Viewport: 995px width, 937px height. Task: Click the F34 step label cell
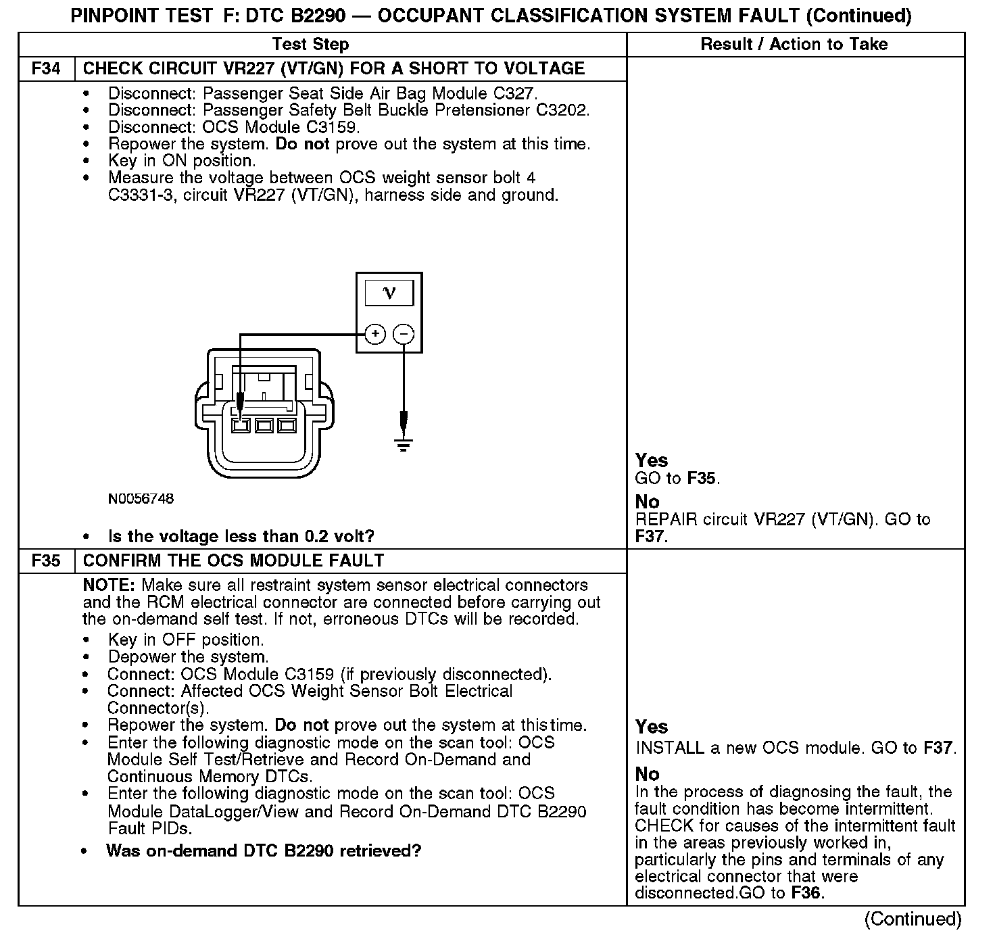[x=46, y=69]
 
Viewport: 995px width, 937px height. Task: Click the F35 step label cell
[x=46, y=561]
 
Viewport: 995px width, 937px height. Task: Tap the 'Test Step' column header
[x=310, y=45]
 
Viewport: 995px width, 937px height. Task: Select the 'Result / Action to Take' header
[x=794, y=45]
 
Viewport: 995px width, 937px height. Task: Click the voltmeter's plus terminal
[x=376, y=334]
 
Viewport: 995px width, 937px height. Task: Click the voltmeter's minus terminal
[x=404, y=334]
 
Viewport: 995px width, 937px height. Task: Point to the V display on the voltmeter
[x=389, y=293]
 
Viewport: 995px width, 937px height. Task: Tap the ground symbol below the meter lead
[x=404, y=445]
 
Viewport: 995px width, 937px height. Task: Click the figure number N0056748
[x=141, y=499]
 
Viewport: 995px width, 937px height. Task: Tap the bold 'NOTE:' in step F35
[x=110, y=585]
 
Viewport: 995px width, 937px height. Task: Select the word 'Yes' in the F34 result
[x=652, y=461]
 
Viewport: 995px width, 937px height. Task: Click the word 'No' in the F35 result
[x=647, y=774]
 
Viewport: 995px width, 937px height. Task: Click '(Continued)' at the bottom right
[x=913, y=919]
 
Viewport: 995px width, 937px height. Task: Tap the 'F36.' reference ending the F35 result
[x=808, y=894]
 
